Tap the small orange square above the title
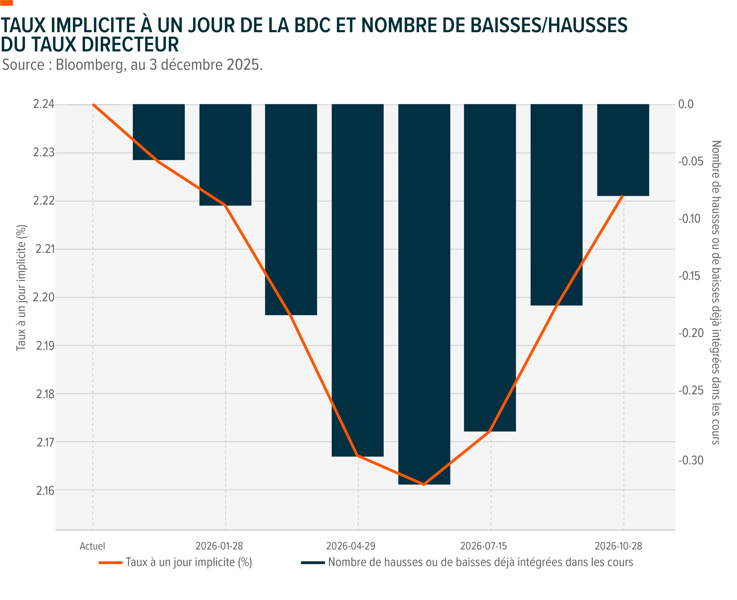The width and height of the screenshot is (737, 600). (x=7, y=3)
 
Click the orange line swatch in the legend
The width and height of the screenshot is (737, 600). (x=110, y=563)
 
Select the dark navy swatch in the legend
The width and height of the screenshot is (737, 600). (x=312, y=563)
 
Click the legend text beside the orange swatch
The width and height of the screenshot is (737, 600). (x=189, y=563)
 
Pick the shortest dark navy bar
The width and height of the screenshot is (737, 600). (x=159, y=131)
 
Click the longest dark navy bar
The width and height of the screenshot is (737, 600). (x=424, y=294)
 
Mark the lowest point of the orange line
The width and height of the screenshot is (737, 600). (x=423, y=484)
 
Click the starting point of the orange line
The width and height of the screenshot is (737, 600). (x=93, y=103)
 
